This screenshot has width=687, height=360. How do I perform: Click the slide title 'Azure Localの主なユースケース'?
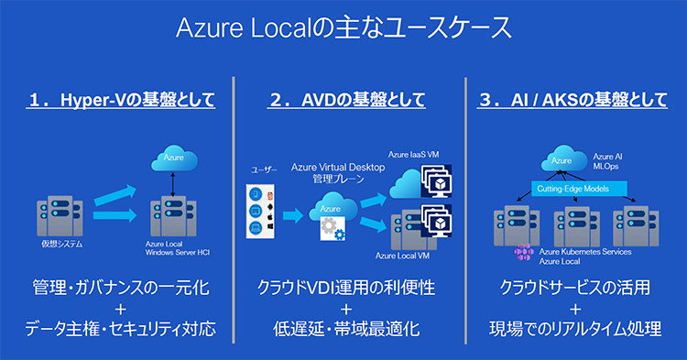tap(343, 27)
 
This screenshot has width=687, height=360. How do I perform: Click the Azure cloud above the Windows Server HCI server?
tap(174, 159)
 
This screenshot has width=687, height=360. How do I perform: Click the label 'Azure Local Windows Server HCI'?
tap(178, 249)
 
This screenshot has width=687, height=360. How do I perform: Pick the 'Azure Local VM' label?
tap(401, 256)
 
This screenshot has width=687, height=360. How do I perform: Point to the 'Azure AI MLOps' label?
tap(608, 162)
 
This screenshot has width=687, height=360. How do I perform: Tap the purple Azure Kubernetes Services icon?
tap(523, 254)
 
